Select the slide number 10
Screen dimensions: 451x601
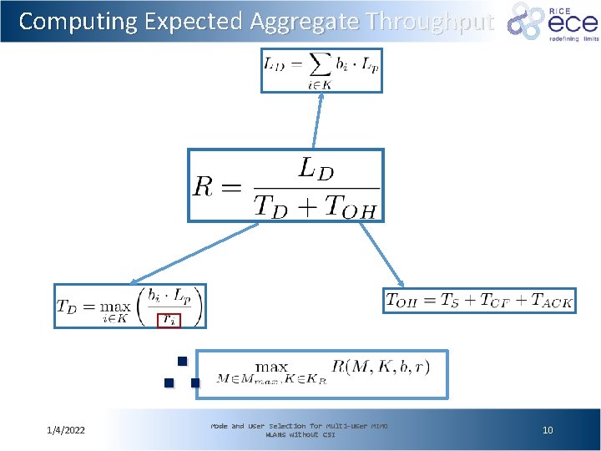(548, 430)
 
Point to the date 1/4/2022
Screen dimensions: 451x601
(71, 430)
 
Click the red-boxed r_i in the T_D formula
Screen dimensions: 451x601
(169, 318)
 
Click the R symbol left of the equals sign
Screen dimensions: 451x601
(205, 185)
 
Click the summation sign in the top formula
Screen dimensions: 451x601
(319, 63)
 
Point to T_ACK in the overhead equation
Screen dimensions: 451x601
(550, 302)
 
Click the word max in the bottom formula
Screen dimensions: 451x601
(272, 367)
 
